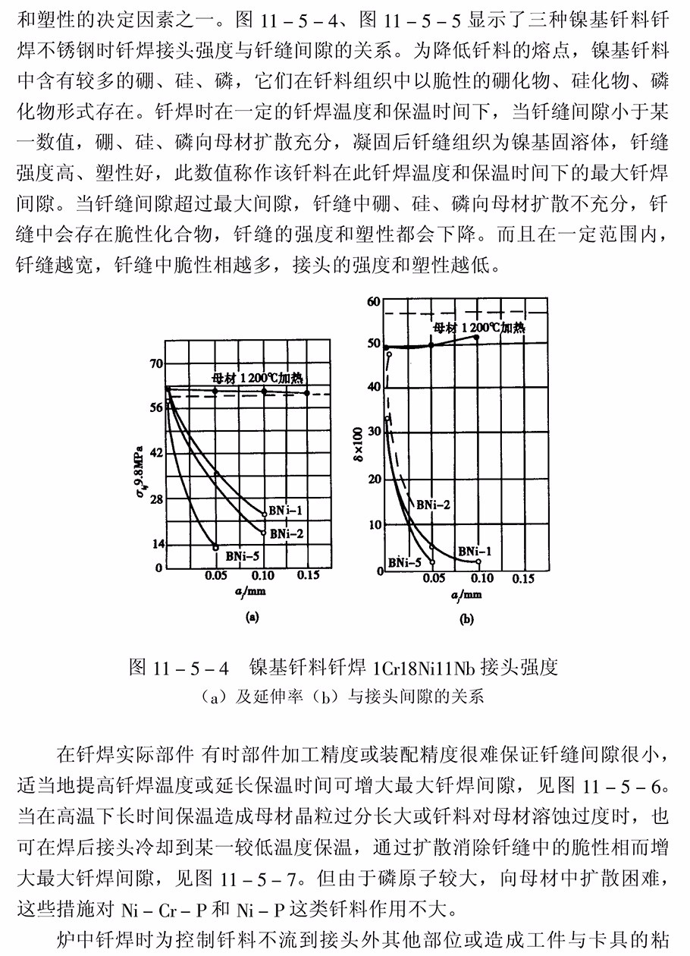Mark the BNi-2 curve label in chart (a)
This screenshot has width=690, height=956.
coord(287,533)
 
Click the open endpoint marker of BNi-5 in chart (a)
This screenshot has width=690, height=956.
coord(216,547)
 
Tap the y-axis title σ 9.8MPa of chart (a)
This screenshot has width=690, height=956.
coord(140,463)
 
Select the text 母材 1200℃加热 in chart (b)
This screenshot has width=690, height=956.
coord(478,328)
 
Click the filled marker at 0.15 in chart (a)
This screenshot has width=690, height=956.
coord(306,392)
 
